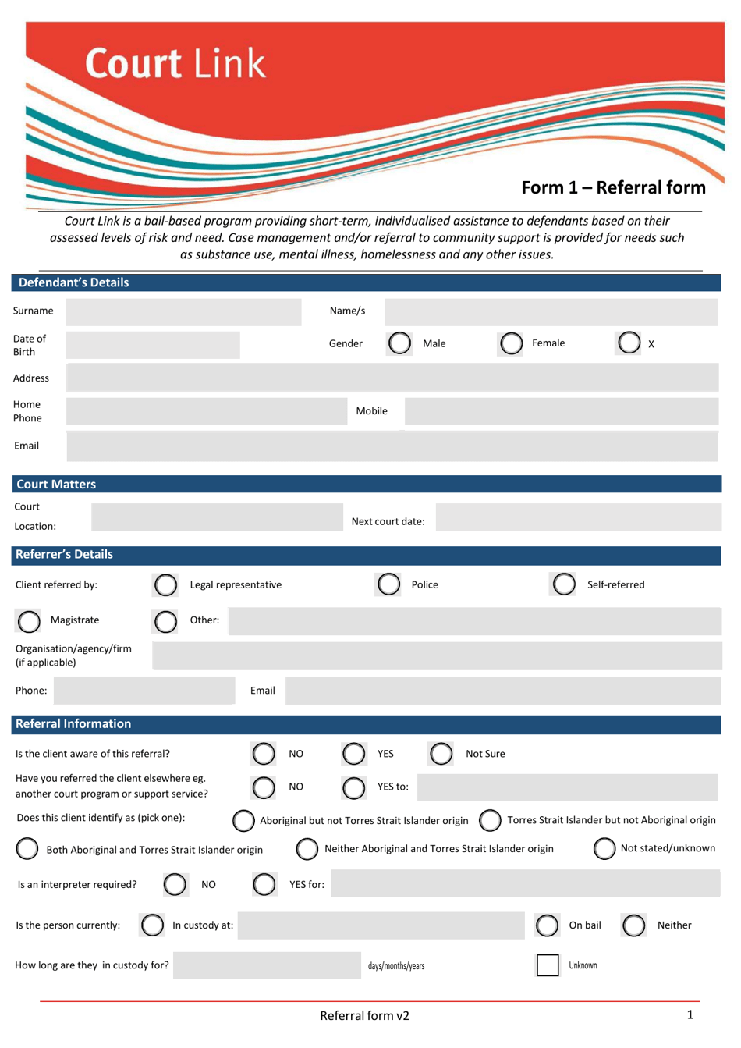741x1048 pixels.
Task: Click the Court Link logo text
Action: (175, 64)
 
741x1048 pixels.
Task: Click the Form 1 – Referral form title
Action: (613, 187)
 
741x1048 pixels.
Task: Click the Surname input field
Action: (183, 311)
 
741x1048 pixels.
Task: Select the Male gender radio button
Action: (399, 343)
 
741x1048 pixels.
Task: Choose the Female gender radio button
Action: (511, 343)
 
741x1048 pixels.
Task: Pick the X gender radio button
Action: (629, 343)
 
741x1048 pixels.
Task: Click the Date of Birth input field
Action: (153, 345)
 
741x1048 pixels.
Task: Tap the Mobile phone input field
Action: (561, 411)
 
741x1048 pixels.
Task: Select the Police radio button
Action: (388, 584)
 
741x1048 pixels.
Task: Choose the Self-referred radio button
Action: (563, 584)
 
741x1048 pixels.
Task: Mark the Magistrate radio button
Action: (29, 621)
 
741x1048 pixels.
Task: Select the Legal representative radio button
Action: (165, 584)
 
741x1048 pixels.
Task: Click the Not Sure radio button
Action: (441, 754)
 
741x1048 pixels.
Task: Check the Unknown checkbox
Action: (548, 965)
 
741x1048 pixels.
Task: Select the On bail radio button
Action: (547, 925)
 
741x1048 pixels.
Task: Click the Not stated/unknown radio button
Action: (604, 848)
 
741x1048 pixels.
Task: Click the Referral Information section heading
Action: (73, 724)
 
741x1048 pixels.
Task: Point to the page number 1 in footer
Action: (690, 1014)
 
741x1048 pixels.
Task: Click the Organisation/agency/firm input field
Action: (435, 655)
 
